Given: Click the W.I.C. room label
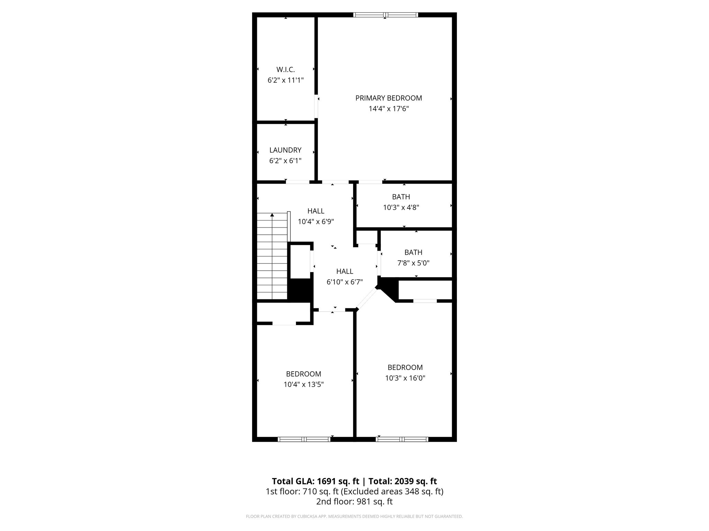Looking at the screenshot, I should [x=285, y=69].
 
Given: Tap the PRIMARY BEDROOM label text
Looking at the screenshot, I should [x=388, y=98].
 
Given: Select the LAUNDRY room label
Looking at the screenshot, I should [x=285, y=150].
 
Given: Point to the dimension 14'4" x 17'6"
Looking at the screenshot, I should [x=388, y=109].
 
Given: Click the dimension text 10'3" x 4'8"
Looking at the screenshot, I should [x=401, y=207].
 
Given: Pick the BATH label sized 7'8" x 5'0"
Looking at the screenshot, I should [x=413, y=252].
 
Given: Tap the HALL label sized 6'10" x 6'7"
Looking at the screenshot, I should [x=344, y=271].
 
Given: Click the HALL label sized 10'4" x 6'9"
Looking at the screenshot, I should [x=316, y=211].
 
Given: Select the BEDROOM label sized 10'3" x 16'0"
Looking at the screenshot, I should [x=405, y=367].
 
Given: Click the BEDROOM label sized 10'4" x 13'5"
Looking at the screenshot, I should [x=303, y=374].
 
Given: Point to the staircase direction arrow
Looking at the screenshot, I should [x=272, y=215].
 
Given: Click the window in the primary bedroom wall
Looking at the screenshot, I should [x=385, y=15].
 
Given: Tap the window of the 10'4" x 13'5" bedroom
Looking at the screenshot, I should [x=304, y=439].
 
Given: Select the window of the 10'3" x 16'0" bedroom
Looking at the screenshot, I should [x=402, y=439].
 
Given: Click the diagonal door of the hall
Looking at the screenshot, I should [x=367, y=298].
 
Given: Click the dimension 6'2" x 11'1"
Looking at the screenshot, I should [x=285, y=80].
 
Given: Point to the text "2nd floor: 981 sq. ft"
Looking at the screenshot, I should [x=354, y=501].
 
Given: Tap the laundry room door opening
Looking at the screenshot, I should [x=297, y=182].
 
